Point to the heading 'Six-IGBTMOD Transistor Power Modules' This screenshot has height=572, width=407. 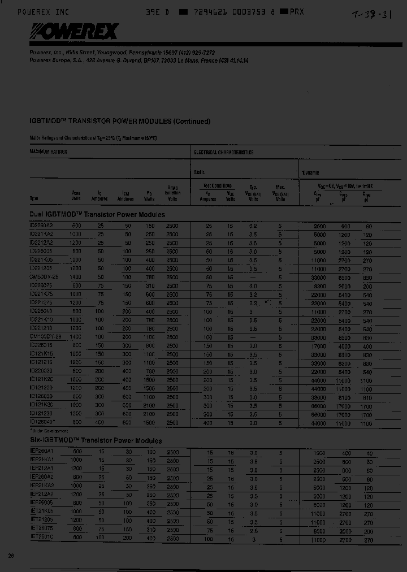[96, 441]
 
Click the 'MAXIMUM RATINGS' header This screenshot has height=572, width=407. [48, 152]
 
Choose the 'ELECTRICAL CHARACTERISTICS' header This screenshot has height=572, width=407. [224, 153]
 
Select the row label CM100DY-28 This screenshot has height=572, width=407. [44, 336]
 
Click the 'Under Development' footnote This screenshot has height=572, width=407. [45, 430]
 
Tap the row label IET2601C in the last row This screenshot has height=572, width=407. [41, 539]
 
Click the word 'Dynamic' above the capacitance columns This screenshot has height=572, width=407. [310, 173]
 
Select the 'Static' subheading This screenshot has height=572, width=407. [200, 172]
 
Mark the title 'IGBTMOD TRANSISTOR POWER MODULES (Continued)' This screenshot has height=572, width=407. [120, 121]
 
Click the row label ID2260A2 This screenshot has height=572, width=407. [41, 226]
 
